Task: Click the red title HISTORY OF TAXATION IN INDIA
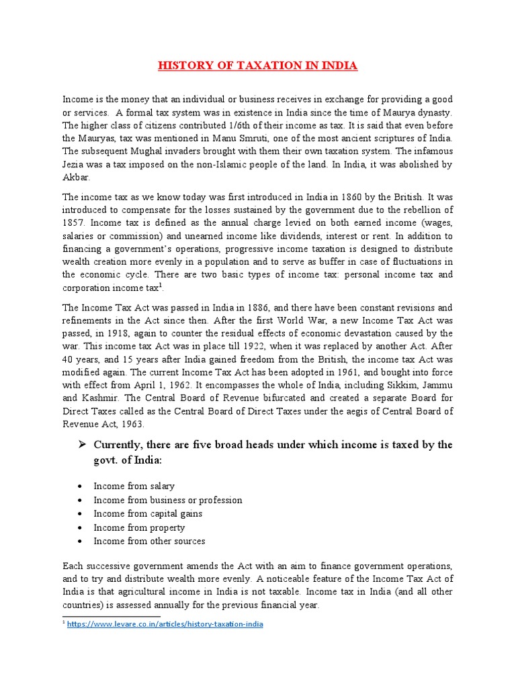[258, 66]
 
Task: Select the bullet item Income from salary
[134, 486]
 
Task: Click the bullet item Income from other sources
[149, 541]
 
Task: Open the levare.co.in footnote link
[165, 624]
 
